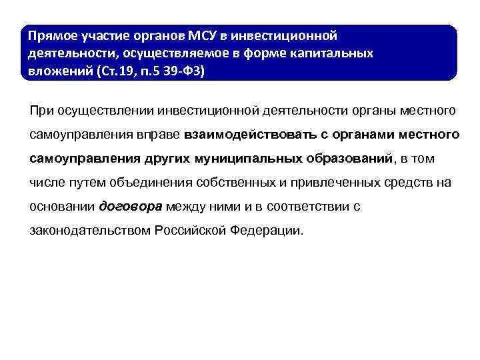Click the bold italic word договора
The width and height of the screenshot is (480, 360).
[x=130, y=207]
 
